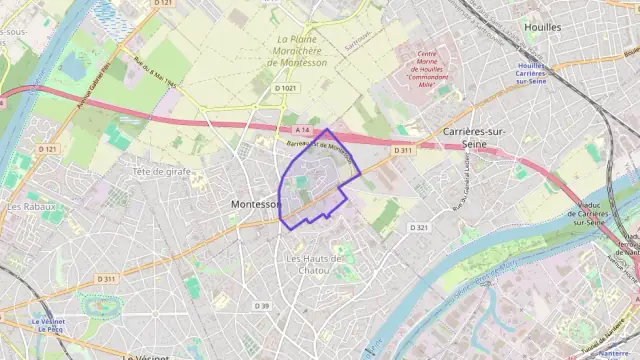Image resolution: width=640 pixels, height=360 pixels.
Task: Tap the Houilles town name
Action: tap(542, 28)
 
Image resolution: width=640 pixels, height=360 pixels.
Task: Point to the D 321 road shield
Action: tap(418, 228)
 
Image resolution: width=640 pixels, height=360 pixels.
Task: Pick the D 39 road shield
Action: tap(262, 305)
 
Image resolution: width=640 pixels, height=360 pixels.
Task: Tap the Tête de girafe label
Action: tap(161, 171)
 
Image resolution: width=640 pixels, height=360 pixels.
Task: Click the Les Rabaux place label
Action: tap(29, 207)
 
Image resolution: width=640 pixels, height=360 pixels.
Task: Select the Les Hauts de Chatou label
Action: tap(314, 264)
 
